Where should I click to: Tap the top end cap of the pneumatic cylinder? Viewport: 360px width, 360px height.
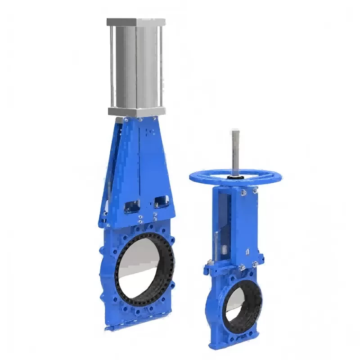click(136, 22)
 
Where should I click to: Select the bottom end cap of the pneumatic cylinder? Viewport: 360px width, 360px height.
click(136, 111)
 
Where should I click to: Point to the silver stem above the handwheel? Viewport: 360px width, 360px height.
click(235, 148)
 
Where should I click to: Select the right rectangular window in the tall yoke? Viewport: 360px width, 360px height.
click(161, 202)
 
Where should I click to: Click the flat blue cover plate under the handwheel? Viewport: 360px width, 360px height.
click(245, 225)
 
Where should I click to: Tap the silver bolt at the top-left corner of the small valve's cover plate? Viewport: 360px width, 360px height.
click(243, 193)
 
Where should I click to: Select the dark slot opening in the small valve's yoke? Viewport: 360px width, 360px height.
click(226, 225)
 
